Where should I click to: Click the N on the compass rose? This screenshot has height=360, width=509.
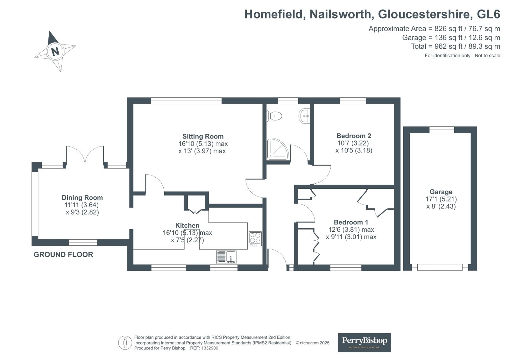pos(55,51)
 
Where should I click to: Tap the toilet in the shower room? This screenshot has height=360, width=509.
pos(274,116)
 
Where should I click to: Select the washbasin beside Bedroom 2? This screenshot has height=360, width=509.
pos(305,116)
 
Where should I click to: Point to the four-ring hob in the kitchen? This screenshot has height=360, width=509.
pos(255,239)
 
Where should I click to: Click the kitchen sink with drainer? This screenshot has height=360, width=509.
pos(226,257)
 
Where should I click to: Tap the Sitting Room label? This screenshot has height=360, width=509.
pos(203,136)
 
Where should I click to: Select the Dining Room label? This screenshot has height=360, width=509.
pos(82,197)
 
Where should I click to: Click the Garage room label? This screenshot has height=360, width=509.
pos(441,192)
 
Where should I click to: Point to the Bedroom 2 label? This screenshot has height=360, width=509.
pos(354,136)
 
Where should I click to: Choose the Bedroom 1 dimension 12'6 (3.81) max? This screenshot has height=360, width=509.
pos(351,229)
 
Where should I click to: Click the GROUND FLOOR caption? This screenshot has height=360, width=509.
pos(63,255)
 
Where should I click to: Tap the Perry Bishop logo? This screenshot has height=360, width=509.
pos(364,342)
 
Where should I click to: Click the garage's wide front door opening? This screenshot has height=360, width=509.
pos(440,267)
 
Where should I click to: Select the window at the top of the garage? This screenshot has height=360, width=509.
pos(442,130)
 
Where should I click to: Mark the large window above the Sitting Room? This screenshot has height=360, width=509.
pos(186,101)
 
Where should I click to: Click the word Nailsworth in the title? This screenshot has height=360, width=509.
pos(340,14)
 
